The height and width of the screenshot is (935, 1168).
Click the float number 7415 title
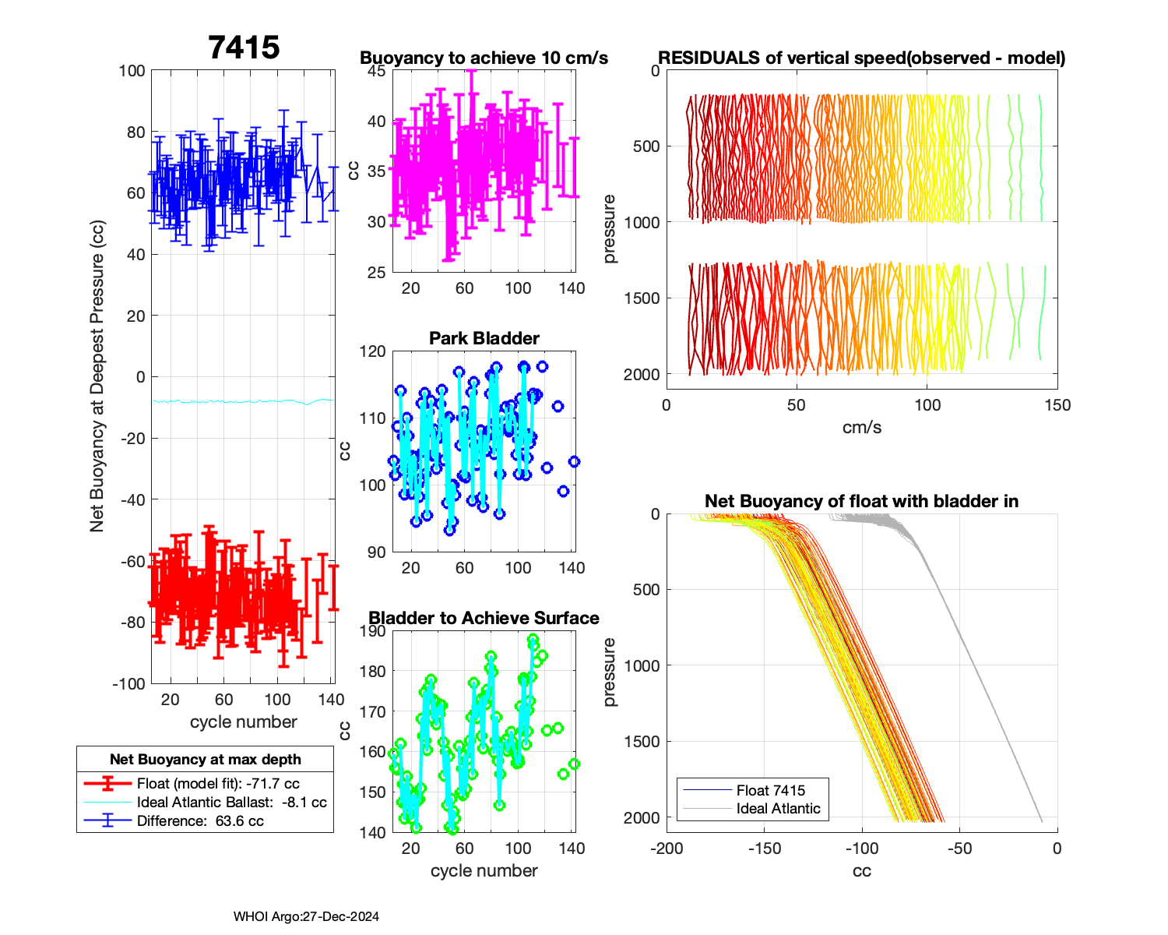[x=244, y=48]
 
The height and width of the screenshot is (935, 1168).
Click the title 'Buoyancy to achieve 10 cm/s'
[x=484, y=58]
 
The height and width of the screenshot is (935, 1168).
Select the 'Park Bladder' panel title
[x=484, y=338]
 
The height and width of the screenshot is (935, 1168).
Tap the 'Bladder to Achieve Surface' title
[x=484, y=618]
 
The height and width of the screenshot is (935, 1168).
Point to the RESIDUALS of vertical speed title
[x=861, y=58]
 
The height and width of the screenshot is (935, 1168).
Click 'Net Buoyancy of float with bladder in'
[x=861, y=501]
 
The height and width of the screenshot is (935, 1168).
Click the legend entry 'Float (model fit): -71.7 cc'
[x=218, y=783]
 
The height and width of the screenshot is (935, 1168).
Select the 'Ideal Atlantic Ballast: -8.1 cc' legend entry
[x=231, y=802]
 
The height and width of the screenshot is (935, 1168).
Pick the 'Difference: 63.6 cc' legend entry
[x=200, y=820]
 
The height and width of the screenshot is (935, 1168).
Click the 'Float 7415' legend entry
[x=771, y=790]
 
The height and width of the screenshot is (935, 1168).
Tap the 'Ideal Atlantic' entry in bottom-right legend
[x=778, y=808]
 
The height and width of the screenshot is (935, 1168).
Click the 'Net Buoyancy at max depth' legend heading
[x=205, y=759]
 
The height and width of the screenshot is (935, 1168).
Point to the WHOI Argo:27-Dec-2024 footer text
[x=306, y=916]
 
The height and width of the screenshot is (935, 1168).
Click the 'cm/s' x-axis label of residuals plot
[x=861, y=427]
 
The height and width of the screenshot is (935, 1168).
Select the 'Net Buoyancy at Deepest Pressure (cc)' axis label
[x=97, y=376]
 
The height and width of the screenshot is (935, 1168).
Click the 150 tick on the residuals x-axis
[x=1057, y=404]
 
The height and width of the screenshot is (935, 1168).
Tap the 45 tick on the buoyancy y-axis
[x=376, y=71]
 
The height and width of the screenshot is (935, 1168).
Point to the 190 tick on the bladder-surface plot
[x=373, y=631]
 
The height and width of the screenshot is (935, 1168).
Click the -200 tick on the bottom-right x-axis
[x=667, y=848]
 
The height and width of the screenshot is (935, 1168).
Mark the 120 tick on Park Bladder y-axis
[x=373, y=351]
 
